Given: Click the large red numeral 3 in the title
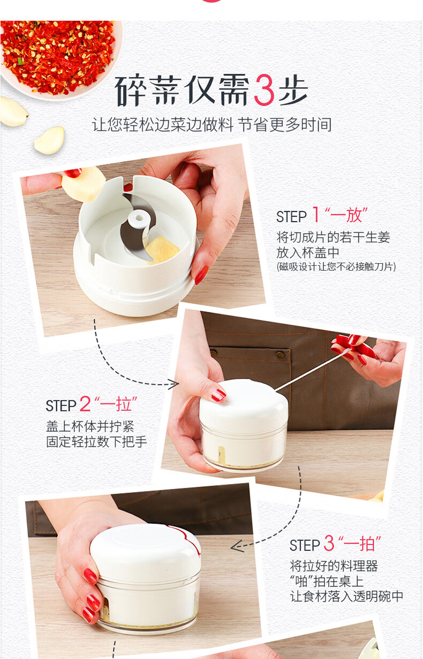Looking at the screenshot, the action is pyautogui.click(x=264, y=90).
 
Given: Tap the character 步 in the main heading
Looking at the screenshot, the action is pyautogui.click(x=293, y=90).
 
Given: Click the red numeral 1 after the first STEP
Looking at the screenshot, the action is pyautogui.click(x=315, y=214).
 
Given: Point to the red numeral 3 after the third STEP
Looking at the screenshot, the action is pyautogui.click(x=329, y=543).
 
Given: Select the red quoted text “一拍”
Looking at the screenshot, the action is pyautogui.click(x=360, y=543).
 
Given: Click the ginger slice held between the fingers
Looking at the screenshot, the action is pyautogui.click(x=84, y=184).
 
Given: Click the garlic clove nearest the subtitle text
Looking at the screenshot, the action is pyautogui.click(x=49, y=140).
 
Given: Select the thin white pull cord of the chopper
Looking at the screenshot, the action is pyautogui.click(x=312, y=371).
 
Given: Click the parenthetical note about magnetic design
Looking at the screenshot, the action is pyautogui.click(x=336, y=266).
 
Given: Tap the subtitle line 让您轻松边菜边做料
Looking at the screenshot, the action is pyautogui.click(x=163, y=125).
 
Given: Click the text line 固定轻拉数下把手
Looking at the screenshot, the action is pyautogui.click(x=96, y=442).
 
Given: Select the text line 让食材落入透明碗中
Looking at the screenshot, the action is pyautogui.click(x=346, y=596).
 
